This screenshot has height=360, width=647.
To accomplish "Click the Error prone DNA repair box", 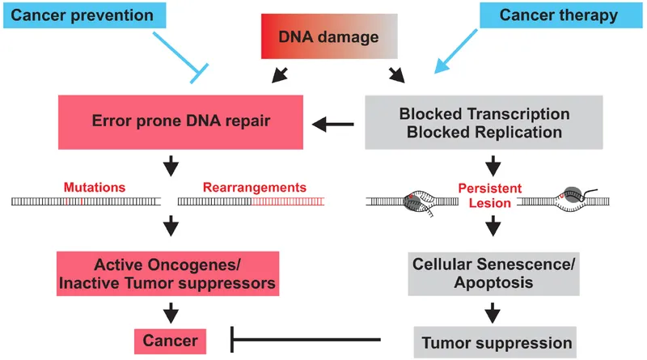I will (x=180, y=122).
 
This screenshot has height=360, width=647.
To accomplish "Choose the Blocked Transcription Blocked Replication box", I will (x=484, y=122).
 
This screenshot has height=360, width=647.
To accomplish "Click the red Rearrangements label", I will (x=255, y=187).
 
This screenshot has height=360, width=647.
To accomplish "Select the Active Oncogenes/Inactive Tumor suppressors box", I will (x=167, y=273).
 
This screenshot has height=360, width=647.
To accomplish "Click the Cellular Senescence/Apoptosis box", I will (x=484, y=273).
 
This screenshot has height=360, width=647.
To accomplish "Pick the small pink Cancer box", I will (x=170, y=340).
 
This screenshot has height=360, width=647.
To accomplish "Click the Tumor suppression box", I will (x=496, y=342).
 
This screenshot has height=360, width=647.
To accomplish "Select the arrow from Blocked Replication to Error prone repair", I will (x=333, y=124).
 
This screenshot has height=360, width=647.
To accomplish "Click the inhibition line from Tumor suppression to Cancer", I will (x=307, y=340).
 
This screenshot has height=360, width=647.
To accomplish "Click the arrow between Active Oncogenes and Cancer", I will (x=171, y=311).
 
